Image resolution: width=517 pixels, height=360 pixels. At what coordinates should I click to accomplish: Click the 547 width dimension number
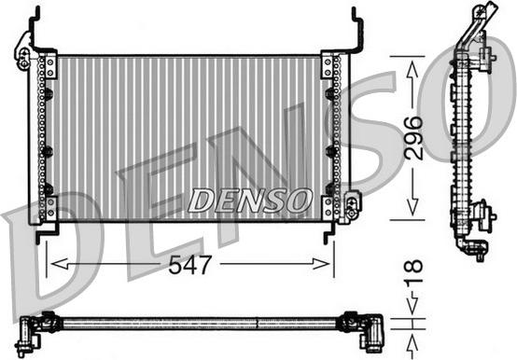click(189, 265)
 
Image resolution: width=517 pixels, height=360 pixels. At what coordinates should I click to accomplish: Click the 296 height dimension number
click(413, 138)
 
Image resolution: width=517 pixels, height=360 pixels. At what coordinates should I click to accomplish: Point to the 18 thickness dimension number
click(413, 271)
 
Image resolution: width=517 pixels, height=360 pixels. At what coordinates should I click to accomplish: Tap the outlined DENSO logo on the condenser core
click(250, 201)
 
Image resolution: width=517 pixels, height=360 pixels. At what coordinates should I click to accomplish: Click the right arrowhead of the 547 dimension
click(321, 264)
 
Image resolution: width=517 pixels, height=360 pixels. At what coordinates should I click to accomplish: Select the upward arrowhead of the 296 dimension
click(412, 70)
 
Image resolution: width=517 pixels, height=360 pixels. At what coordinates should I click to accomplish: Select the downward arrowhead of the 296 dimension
click(412, 206)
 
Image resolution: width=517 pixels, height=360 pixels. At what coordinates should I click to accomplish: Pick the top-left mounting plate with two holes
click(50, 68)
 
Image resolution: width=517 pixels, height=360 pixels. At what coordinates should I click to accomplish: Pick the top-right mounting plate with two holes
click(327, 67)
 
